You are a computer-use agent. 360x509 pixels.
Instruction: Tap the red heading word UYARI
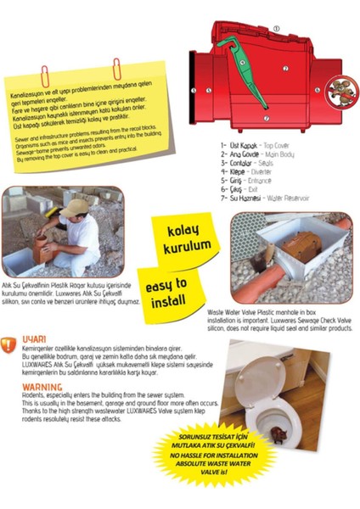pos(35,338)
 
